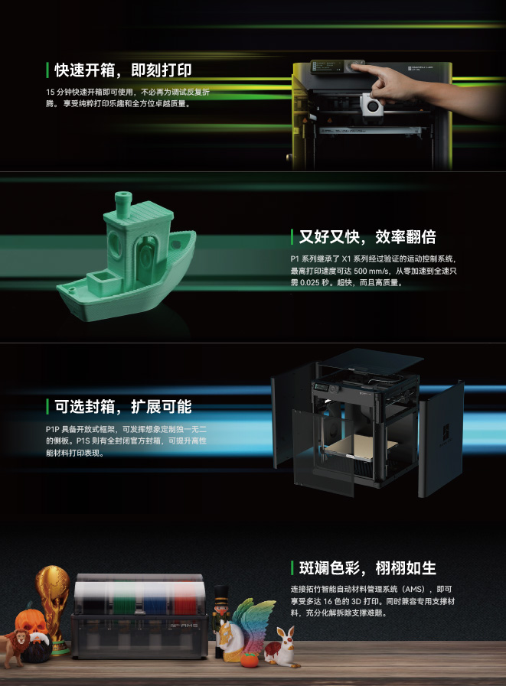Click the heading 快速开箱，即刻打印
coord(123,70)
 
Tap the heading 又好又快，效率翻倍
coord(367,236)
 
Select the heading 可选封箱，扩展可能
coord(123,406)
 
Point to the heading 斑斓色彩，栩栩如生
coord(367,568)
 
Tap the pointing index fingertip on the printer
coord(356,67)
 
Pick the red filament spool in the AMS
coord(184,600)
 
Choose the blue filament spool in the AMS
coord(155,600)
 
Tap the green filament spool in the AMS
coord(125,600)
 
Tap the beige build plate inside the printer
coord(360,447)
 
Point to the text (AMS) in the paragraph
coord(413,590)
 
